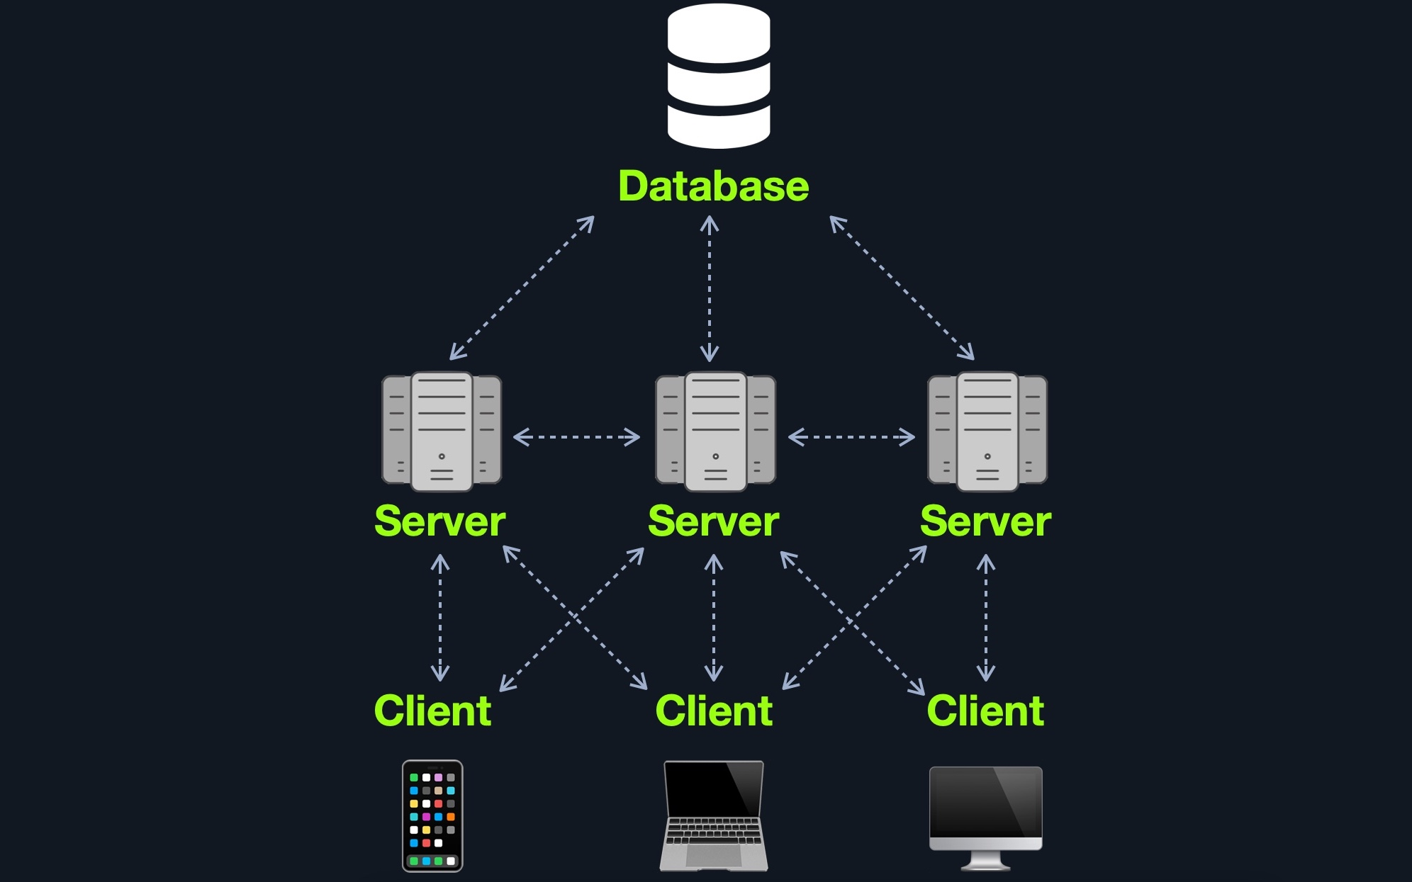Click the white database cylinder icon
tap(718, 76)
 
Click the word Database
tap(713, 186)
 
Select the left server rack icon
tap(442, 431)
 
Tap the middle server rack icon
tap(715, 431)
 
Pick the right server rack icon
tap(987, 431)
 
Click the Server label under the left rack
tap(439, 522)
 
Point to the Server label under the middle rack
tap(713, 522)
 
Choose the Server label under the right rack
tap(985, 522)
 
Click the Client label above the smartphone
tap(432, 711)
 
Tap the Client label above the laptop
tap(714, 711)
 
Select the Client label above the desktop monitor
tap(985, 711)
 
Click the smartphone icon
tap(432, 815)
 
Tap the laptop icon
tap(714, 815)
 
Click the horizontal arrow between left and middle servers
tap(576, 437)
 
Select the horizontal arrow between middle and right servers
tap(851, 437)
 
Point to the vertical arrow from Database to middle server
tap(710, 289)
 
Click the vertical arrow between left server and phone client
tap(440, 617)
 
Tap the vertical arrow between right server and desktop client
tap(986, 617)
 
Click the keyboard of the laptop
tap(714, 830)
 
